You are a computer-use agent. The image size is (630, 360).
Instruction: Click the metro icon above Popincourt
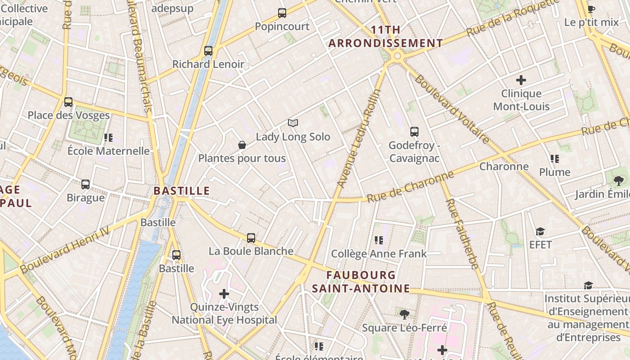[282, 13]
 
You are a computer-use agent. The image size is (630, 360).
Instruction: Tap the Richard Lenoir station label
[208, 64]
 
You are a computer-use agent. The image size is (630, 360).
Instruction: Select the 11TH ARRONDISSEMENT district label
[386, 36]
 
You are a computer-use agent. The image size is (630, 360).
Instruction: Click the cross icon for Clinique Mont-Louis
[521, 80]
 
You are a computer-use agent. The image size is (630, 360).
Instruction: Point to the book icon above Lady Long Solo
[293, 123]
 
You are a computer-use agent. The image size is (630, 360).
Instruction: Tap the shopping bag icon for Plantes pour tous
[242, 145]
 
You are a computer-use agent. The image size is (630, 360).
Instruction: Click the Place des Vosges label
[69, 115]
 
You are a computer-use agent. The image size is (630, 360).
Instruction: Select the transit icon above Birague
[85, 184]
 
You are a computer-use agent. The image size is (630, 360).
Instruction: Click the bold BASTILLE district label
[182, 191]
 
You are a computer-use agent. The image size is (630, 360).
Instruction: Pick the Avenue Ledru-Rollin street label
[359, 139]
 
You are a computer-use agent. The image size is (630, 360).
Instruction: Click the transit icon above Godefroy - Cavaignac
[414, 132]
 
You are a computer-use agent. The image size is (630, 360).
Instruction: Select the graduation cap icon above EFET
[540, 231]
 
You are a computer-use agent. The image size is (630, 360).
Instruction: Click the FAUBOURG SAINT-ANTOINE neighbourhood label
[361, 282]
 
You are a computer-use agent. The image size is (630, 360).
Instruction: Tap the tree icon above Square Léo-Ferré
[404, 314]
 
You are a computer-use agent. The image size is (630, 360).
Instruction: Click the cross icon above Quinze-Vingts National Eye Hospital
[224, 294]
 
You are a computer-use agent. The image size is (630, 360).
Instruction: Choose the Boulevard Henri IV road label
[65, 249]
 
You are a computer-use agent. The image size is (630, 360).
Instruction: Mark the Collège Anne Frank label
[379, 254]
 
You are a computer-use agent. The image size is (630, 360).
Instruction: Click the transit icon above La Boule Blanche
[251, 238]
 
